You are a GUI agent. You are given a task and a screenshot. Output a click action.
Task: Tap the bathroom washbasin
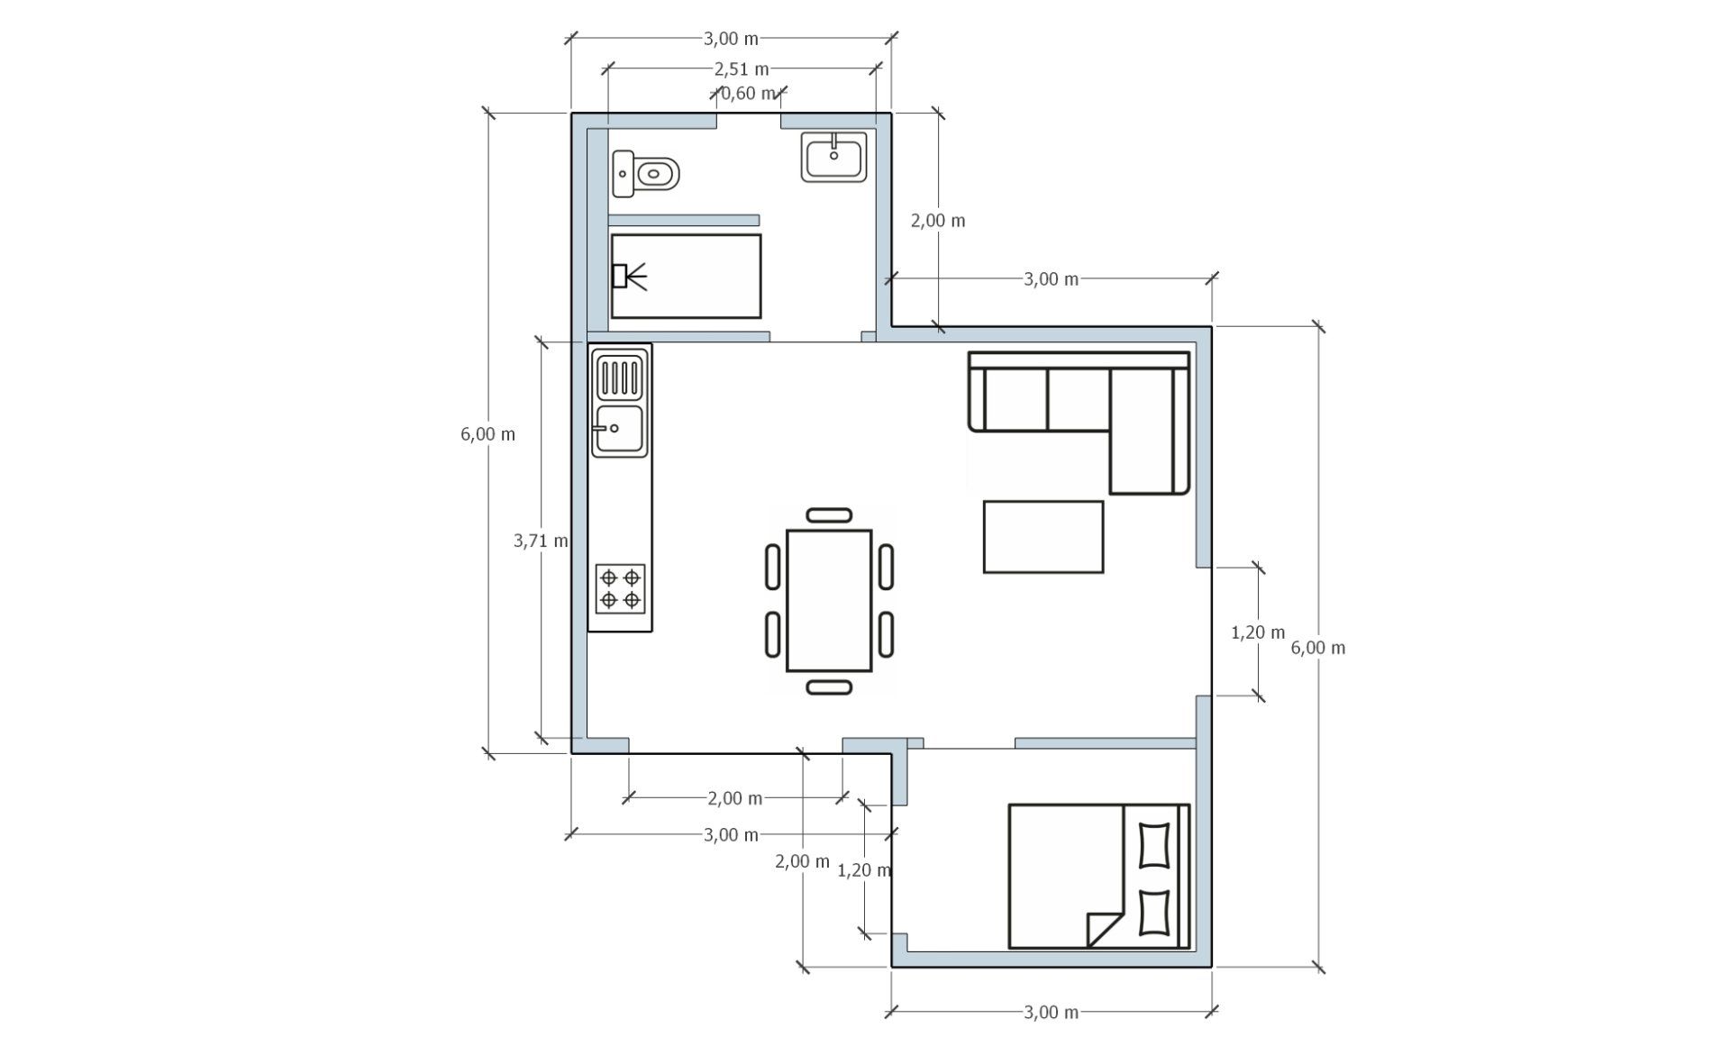834,157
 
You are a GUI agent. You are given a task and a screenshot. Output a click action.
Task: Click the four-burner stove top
620,587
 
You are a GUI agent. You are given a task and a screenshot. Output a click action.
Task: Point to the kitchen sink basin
618,429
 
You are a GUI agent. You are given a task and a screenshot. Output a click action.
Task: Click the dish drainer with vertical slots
619,377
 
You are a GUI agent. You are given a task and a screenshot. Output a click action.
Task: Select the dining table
829,600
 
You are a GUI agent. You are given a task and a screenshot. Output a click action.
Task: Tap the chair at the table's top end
829,514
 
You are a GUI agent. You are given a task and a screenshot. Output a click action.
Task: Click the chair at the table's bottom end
829,687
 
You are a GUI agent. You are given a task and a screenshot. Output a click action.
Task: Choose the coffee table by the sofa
1043,537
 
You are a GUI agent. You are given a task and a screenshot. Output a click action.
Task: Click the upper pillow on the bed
1154,845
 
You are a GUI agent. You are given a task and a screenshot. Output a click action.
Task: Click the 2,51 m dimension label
742,68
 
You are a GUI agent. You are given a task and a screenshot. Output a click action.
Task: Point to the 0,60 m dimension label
748,93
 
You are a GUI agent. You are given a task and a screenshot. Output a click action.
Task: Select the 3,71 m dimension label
541,541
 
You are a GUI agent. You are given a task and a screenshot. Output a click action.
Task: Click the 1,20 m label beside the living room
1258,632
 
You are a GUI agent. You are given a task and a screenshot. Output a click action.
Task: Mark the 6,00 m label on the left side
487,434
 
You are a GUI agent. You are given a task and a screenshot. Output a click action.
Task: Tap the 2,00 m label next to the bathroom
938,221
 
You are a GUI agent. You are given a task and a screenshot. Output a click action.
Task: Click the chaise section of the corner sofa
1150,432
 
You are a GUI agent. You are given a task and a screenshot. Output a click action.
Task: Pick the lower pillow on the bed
1154,913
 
